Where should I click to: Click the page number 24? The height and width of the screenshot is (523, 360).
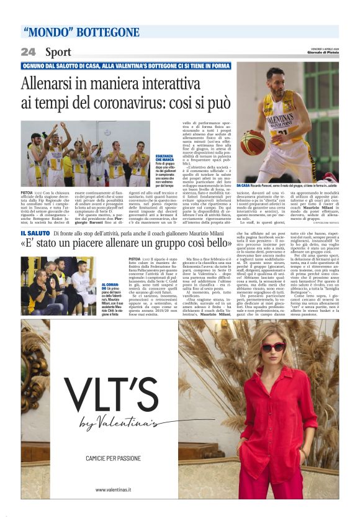(x=28, y=52)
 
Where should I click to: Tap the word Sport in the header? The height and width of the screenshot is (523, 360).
(x=58, y=52)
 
